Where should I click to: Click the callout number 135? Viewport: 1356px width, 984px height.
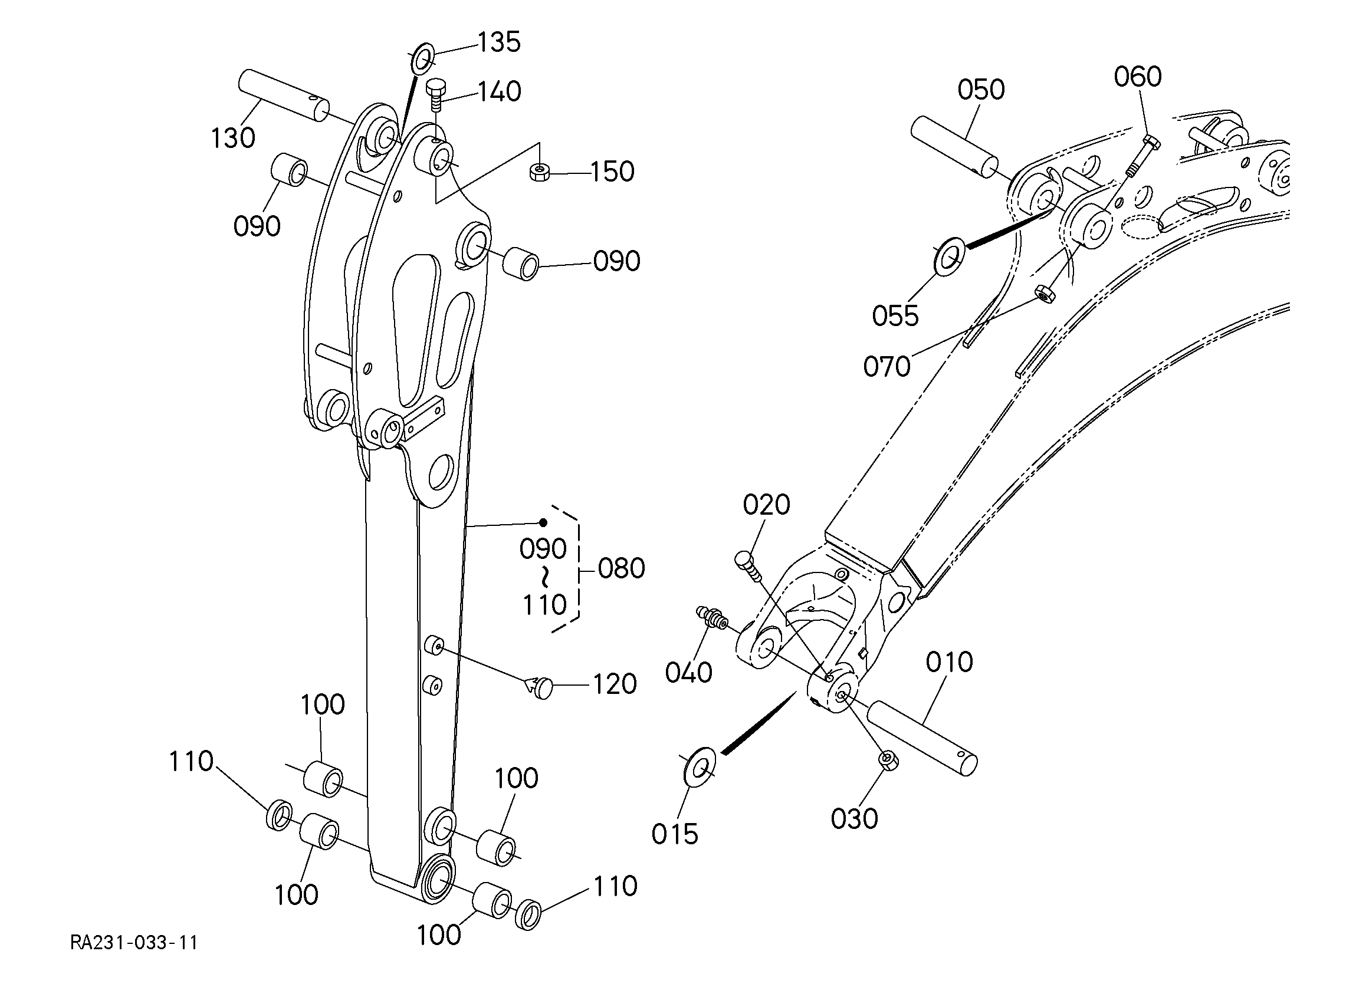click(x=498, y=42)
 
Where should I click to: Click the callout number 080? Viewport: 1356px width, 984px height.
click(x=621, y=568)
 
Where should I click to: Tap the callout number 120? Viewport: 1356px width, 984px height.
click(x=615, y=684)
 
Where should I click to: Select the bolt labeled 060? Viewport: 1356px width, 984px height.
click(x=1141, y=157)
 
